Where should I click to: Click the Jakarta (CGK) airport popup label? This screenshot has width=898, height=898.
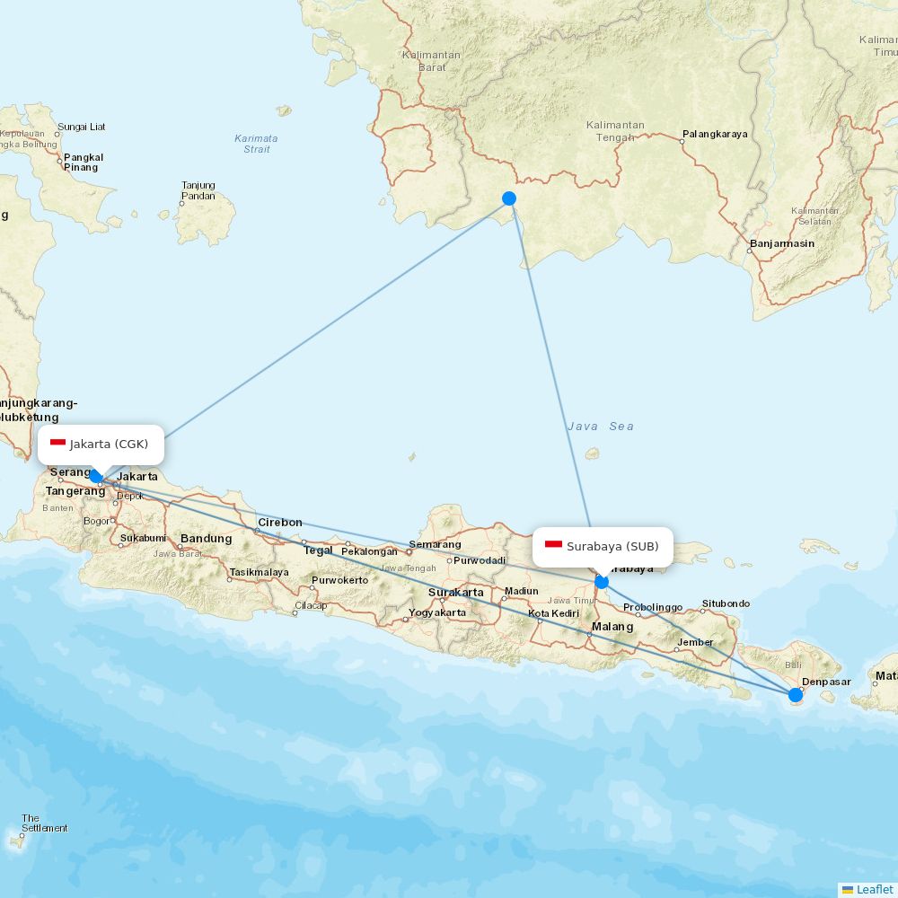click(x=101, y=444)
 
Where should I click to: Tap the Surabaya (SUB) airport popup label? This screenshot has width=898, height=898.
click(x=603, y=546)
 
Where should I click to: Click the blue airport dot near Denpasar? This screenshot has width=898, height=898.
click(x=795, y=694)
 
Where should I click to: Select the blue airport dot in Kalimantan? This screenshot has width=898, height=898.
click(x=509, y=198)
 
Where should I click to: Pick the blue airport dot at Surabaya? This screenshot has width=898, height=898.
click(x=602, y=582)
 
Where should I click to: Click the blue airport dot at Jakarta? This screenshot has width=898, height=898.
click(x=96, y=476)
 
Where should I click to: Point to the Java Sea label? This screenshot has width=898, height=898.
click(x=600, y=427)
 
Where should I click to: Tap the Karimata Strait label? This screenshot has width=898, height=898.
click(x=256, y=144)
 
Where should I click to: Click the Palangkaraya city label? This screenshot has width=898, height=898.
click(x=715, y=135)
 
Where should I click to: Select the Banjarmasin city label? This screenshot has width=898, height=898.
click(x=781, y=243)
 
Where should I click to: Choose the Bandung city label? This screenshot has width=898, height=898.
click(x=206, y=539)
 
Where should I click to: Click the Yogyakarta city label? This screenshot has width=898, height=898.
click(x=437, y=613)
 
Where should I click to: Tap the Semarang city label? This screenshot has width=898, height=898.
click(x=435, y=544)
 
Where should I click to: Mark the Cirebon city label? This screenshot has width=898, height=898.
click(x=280, y=523)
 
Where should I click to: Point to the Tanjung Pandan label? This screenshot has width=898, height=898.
click(x=198, y=190)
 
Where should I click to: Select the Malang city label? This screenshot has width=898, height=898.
click(x=612, y=627)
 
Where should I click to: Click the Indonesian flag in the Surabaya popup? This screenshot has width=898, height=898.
click(x=553, y=546)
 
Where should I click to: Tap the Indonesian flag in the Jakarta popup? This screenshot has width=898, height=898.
click(x=57, y=444)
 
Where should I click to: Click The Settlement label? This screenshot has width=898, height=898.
click(x=44, y=823)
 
